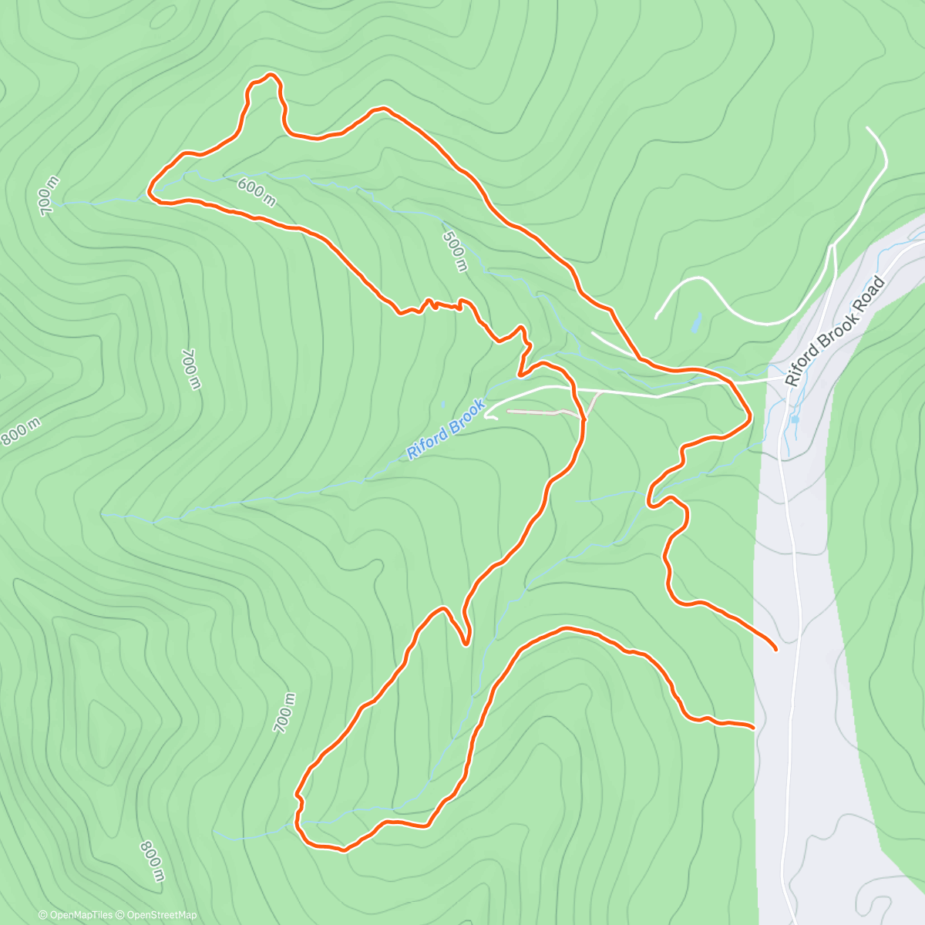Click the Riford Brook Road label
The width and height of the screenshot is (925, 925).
[x=835, y=331]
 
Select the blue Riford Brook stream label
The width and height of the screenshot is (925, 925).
[x=446, y=429]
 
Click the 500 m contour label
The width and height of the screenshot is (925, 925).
[x=456, y=247]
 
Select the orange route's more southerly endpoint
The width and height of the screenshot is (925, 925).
[x=752, y=726]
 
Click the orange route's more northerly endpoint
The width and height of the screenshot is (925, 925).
[x=775, y=650]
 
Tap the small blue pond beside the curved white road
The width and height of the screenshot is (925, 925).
[x=696, y=322]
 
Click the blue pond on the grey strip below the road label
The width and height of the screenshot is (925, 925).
[x=794, y=419]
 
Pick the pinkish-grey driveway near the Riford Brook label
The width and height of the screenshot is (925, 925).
[x=543, y=412]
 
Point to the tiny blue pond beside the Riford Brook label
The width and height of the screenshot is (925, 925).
[x=443, y=402]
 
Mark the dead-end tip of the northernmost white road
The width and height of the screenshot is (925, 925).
[x=869, y=129]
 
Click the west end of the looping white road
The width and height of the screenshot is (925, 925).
[x=656, y=317]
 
